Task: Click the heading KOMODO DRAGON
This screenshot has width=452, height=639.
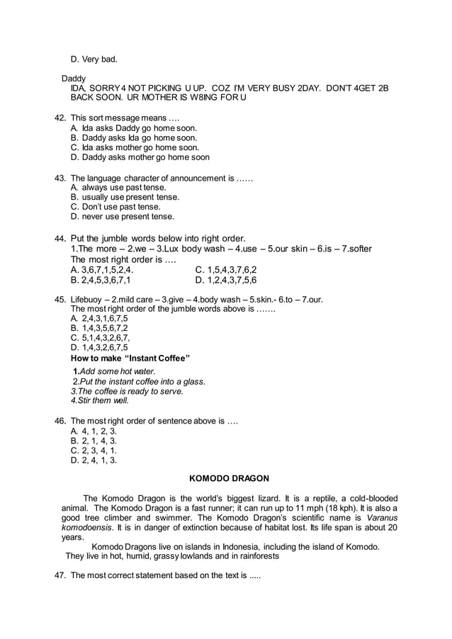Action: pos(226,478)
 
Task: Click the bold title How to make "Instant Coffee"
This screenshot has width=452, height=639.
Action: pos(130,358)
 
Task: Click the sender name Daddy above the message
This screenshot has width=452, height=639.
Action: pos(74,77)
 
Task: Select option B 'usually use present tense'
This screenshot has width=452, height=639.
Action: pos(125,197)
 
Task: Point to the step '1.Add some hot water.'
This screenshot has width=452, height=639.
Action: pos(114,371)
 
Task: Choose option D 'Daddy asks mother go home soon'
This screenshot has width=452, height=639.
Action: pos(140,157)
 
